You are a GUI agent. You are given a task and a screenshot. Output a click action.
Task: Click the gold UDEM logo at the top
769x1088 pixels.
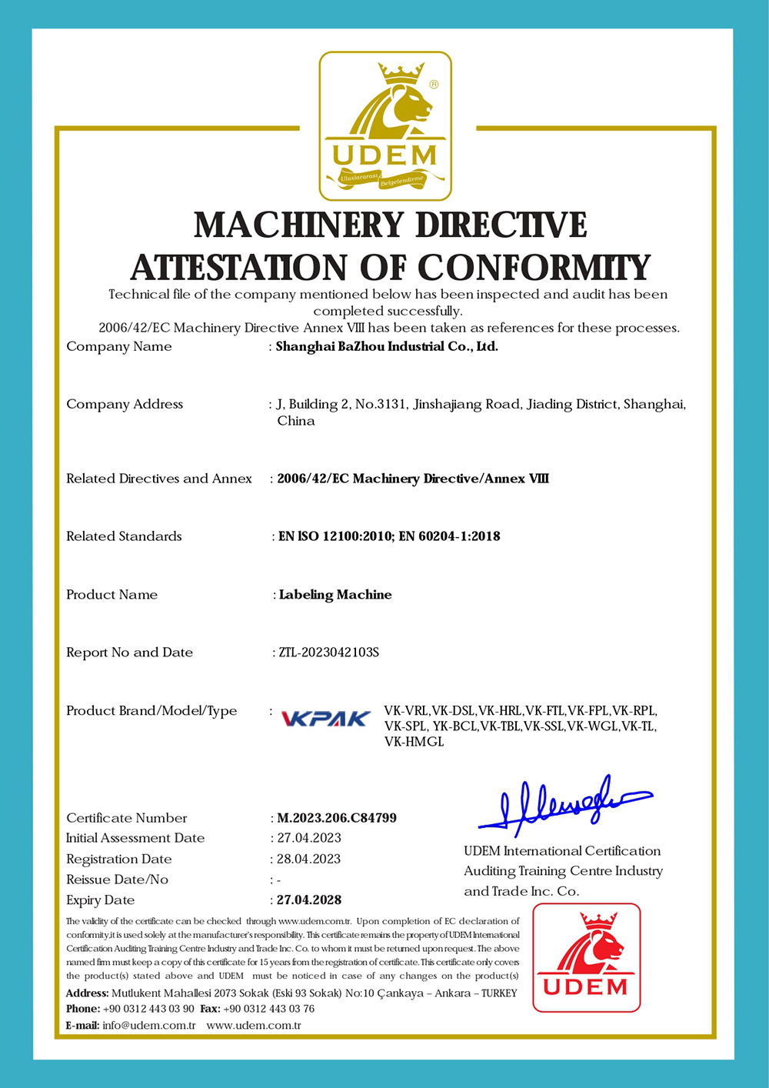pos(385,126)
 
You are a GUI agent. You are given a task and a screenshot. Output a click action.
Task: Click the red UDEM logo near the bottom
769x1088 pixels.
pos(586,957)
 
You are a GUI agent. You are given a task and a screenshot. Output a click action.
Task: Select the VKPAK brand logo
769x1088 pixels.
pos(326,719)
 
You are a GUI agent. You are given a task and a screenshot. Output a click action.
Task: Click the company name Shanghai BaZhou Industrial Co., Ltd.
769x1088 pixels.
pos(387,346)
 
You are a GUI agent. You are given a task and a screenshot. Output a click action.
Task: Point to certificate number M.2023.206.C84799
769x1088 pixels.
pos(337,818)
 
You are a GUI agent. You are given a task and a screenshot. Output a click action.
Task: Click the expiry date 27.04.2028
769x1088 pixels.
pos(309,899)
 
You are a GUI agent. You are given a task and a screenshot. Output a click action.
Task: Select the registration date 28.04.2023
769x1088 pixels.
pos(308,859)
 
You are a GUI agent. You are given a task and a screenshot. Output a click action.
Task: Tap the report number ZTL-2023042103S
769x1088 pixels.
pos(329,652)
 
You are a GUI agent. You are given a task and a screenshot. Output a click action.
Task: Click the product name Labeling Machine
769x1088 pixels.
pos(335,595)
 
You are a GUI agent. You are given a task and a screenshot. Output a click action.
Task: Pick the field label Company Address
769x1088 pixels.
pos(125,404)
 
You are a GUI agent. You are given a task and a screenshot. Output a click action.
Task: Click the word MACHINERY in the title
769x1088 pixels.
pos(299,225)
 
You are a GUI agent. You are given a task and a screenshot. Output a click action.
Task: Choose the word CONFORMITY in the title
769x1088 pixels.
pos(534,268)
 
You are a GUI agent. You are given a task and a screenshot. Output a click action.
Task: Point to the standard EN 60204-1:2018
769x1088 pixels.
pos(450,536)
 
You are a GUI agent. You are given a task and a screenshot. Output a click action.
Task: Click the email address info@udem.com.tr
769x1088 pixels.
pos(149,1026)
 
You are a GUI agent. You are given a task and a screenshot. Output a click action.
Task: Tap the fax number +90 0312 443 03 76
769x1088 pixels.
pos(268,1009)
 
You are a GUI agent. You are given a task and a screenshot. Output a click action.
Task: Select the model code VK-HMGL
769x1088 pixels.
pos(414,743)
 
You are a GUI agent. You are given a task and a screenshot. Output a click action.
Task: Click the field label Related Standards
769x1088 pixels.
pos(124,536)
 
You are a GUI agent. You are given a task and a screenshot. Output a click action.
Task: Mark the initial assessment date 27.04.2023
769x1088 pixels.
pos(309,838)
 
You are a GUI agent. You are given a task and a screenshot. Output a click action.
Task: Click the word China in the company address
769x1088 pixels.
pos(296,421)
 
